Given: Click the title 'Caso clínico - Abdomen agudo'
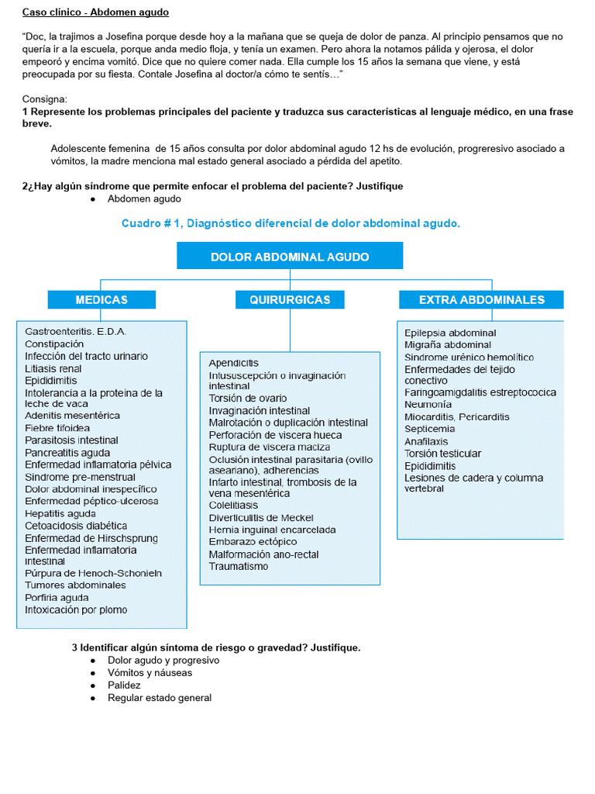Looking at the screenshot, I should [x=95, y=12].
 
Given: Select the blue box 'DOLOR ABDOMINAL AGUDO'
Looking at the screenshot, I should [x=290, y=257].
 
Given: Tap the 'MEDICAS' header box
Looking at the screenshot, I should [x=101, y=299].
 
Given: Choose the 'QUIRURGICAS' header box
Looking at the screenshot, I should [x=290, y=299].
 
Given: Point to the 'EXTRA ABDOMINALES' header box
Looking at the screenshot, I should [x=481, y=299].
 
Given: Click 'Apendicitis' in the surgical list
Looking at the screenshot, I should [x=233, y=363].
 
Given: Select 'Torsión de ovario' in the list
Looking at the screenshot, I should [x=247, y=398].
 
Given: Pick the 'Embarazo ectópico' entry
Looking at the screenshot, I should [x=253, y=541].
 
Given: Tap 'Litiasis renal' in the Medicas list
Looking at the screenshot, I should [x=53, y=368].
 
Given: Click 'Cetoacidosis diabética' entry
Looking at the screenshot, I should [x=76, y=526].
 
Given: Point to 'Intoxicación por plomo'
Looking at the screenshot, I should [x=76, y=609].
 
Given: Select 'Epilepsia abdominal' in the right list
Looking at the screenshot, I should [x=450, y=333].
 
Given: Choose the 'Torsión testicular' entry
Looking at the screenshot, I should [x=442, y=454].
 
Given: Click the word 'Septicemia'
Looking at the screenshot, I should [x=429, y=429].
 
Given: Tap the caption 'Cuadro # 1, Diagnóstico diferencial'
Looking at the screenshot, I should [x=291, y=223].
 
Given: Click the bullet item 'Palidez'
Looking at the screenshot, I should [x=124, y=685].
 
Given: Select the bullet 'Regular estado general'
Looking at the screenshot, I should [x=160, y=698].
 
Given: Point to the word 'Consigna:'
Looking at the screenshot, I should [x=45, y=99].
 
